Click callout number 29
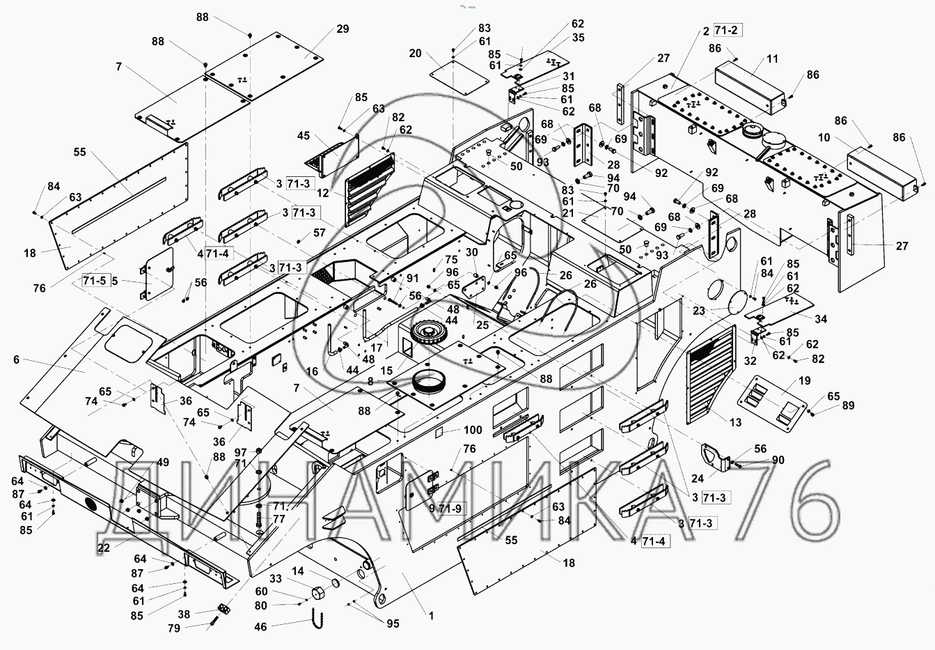[343, 29]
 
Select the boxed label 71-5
[95, 281]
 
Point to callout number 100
[473, 431]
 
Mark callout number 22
[104, 548]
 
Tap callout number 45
[303, 136]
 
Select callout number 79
[173, 628]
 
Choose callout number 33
[276, 578]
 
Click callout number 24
[677, 478]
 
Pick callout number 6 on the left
[16, 359]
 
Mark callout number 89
[848, 405]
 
